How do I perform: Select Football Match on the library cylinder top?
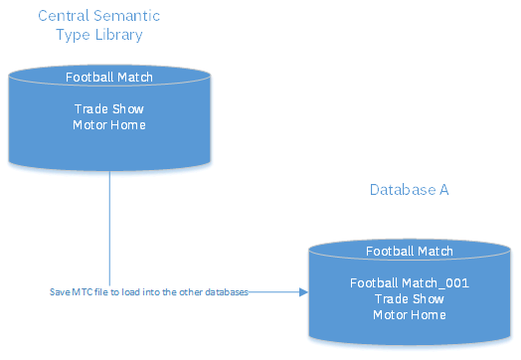click(109, 77)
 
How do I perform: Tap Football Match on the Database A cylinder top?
click(410, 252)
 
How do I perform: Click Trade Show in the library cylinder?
click(109, 108)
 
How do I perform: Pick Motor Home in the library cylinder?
click(109, 124)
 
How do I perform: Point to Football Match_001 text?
click(410, 282)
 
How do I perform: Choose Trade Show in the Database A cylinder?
click(410, 298)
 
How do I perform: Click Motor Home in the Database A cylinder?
click(410, 314)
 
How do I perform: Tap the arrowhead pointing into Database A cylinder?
click(301, 292)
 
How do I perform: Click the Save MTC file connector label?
click(148, 292)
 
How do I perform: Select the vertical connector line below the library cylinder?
click(107, 229)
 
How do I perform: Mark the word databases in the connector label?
click(225, 292)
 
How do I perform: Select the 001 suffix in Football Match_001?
click(456, 282)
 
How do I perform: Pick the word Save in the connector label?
click(59, 292)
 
